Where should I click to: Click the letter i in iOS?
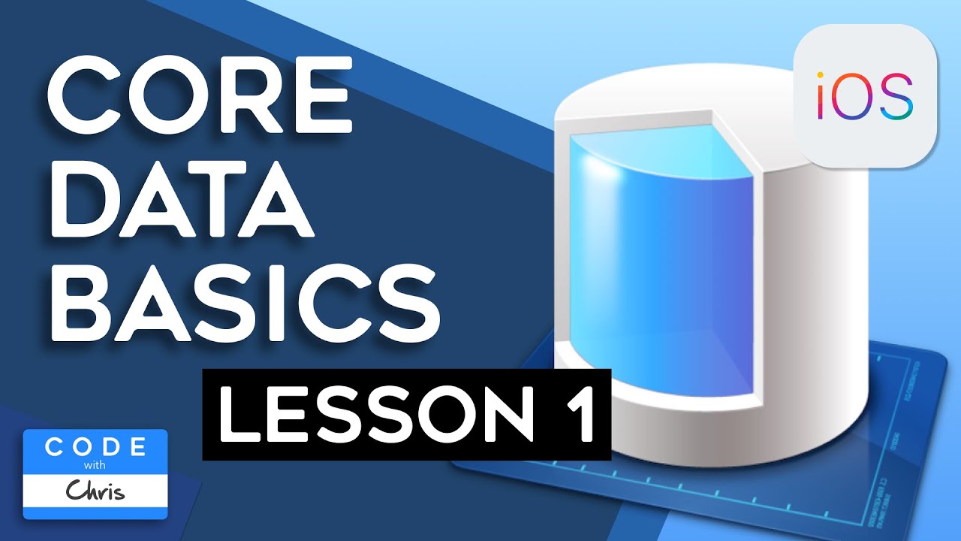tap(823, 96)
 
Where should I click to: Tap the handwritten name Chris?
tap(95, 491)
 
